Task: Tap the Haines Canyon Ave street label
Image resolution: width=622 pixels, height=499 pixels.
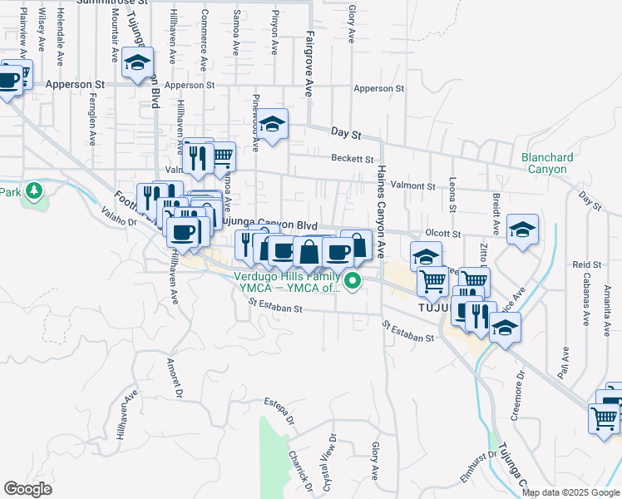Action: (382, 209)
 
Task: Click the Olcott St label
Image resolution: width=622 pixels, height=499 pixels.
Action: (443, 235)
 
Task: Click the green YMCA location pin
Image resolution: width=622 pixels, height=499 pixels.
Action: (353, 280)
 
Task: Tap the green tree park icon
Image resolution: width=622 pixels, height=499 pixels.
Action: (34, 191)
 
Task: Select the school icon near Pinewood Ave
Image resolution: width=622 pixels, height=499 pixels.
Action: (271, 124)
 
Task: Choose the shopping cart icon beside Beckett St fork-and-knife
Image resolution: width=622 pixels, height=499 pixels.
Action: (221, 156)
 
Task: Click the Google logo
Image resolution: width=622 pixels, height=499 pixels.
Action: (27, 488)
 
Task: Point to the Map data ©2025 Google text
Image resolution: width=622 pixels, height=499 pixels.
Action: (570, 492)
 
